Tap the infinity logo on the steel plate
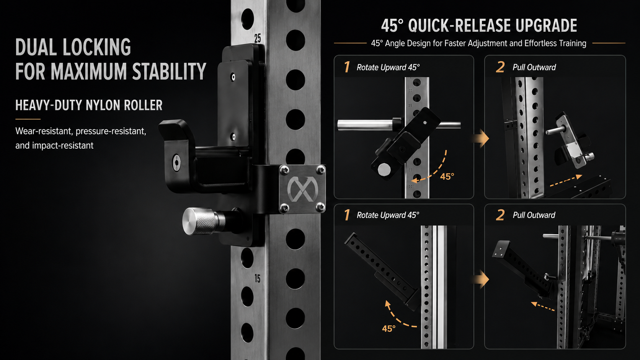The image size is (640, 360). pos(302,189)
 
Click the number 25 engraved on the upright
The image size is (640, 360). pos(258,38)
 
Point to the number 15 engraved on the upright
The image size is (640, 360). pos(258,279)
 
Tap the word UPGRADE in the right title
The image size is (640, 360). pos(546,25)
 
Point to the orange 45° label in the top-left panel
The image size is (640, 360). pos(447,176)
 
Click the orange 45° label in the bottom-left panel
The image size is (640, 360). pos(389,329)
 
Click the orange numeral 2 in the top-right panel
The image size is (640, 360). pos(500,67)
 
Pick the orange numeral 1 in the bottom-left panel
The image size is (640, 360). pos(347,215)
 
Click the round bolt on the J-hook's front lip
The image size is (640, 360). pos(176,163)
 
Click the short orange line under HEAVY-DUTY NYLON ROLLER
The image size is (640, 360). pos(28,119)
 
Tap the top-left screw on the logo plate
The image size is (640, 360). pos(284,171)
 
